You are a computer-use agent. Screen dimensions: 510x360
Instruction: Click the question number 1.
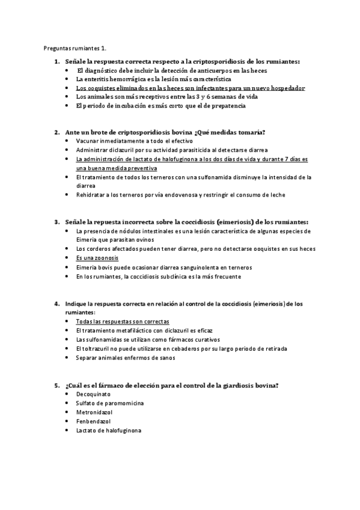[55, 61]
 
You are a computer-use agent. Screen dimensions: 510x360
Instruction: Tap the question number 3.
[55, 222]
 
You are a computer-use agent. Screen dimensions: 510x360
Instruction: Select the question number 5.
[55, 385]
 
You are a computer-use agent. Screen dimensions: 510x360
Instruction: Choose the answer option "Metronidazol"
[95, 413]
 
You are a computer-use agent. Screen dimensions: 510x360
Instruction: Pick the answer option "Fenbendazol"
[93, 422]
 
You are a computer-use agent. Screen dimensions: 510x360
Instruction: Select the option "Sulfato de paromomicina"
[110, 404]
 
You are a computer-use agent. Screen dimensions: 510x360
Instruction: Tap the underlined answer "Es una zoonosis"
[97, 258]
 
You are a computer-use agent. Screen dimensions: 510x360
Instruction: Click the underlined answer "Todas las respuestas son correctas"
[123, 322]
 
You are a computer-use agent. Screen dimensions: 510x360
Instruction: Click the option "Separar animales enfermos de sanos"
[125, 358]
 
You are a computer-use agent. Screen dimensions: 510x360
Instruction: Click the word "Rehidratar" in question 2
[91, 195]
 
